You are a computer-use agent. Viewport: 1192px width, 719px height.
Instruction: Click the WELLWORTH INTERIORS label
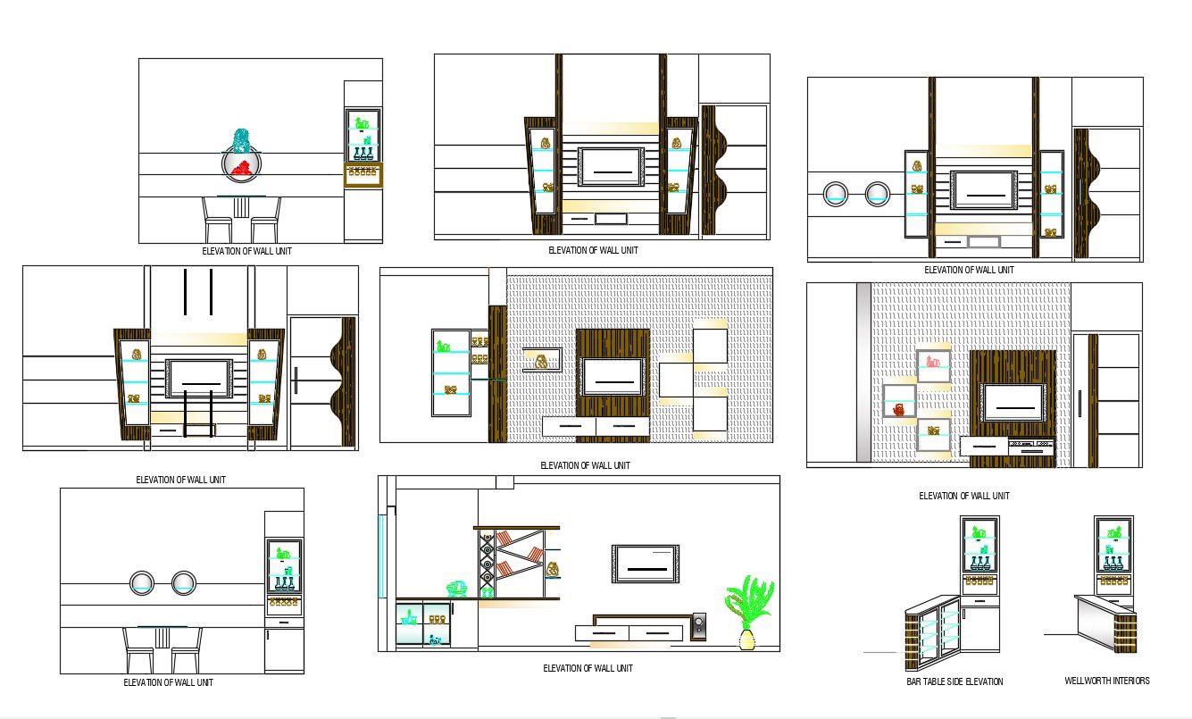click(1106, 681)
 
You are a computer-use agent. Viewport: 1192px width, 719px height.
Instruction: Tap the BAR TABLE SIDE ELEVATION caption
click(954, 681)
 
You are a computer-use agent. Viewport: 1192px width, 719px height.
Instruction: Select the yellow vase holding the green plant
click(746, 639)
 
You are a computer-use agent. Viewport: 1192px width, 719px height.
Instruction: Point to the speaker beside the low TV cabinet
click(698, 626)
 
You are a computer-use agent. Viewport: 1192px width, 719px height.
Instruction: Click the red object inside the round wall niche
click(240, 167)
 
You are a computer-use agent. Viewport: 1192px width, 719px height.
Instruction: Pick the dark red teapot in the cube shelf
click(899, 408)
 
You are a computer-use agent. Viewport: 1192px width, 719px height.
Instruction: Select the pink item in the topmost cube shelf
click(932, 362)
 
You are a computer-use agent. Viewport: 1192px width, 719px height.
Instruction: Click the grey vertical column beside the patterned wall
click(863, 372)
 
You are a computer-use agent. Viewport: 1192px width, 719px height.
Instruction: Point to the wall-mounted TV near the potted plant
click(645, 563)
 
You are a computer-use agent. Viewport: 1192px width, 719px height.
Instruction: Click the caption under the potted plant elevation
click(588, 668)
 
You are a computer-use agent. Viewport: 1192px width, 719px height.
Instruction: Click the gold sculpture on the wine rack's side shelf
click(553, 568)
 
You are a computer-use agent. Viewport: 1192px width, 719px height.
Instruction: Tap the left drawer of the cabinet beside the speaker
click(601, 633)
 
